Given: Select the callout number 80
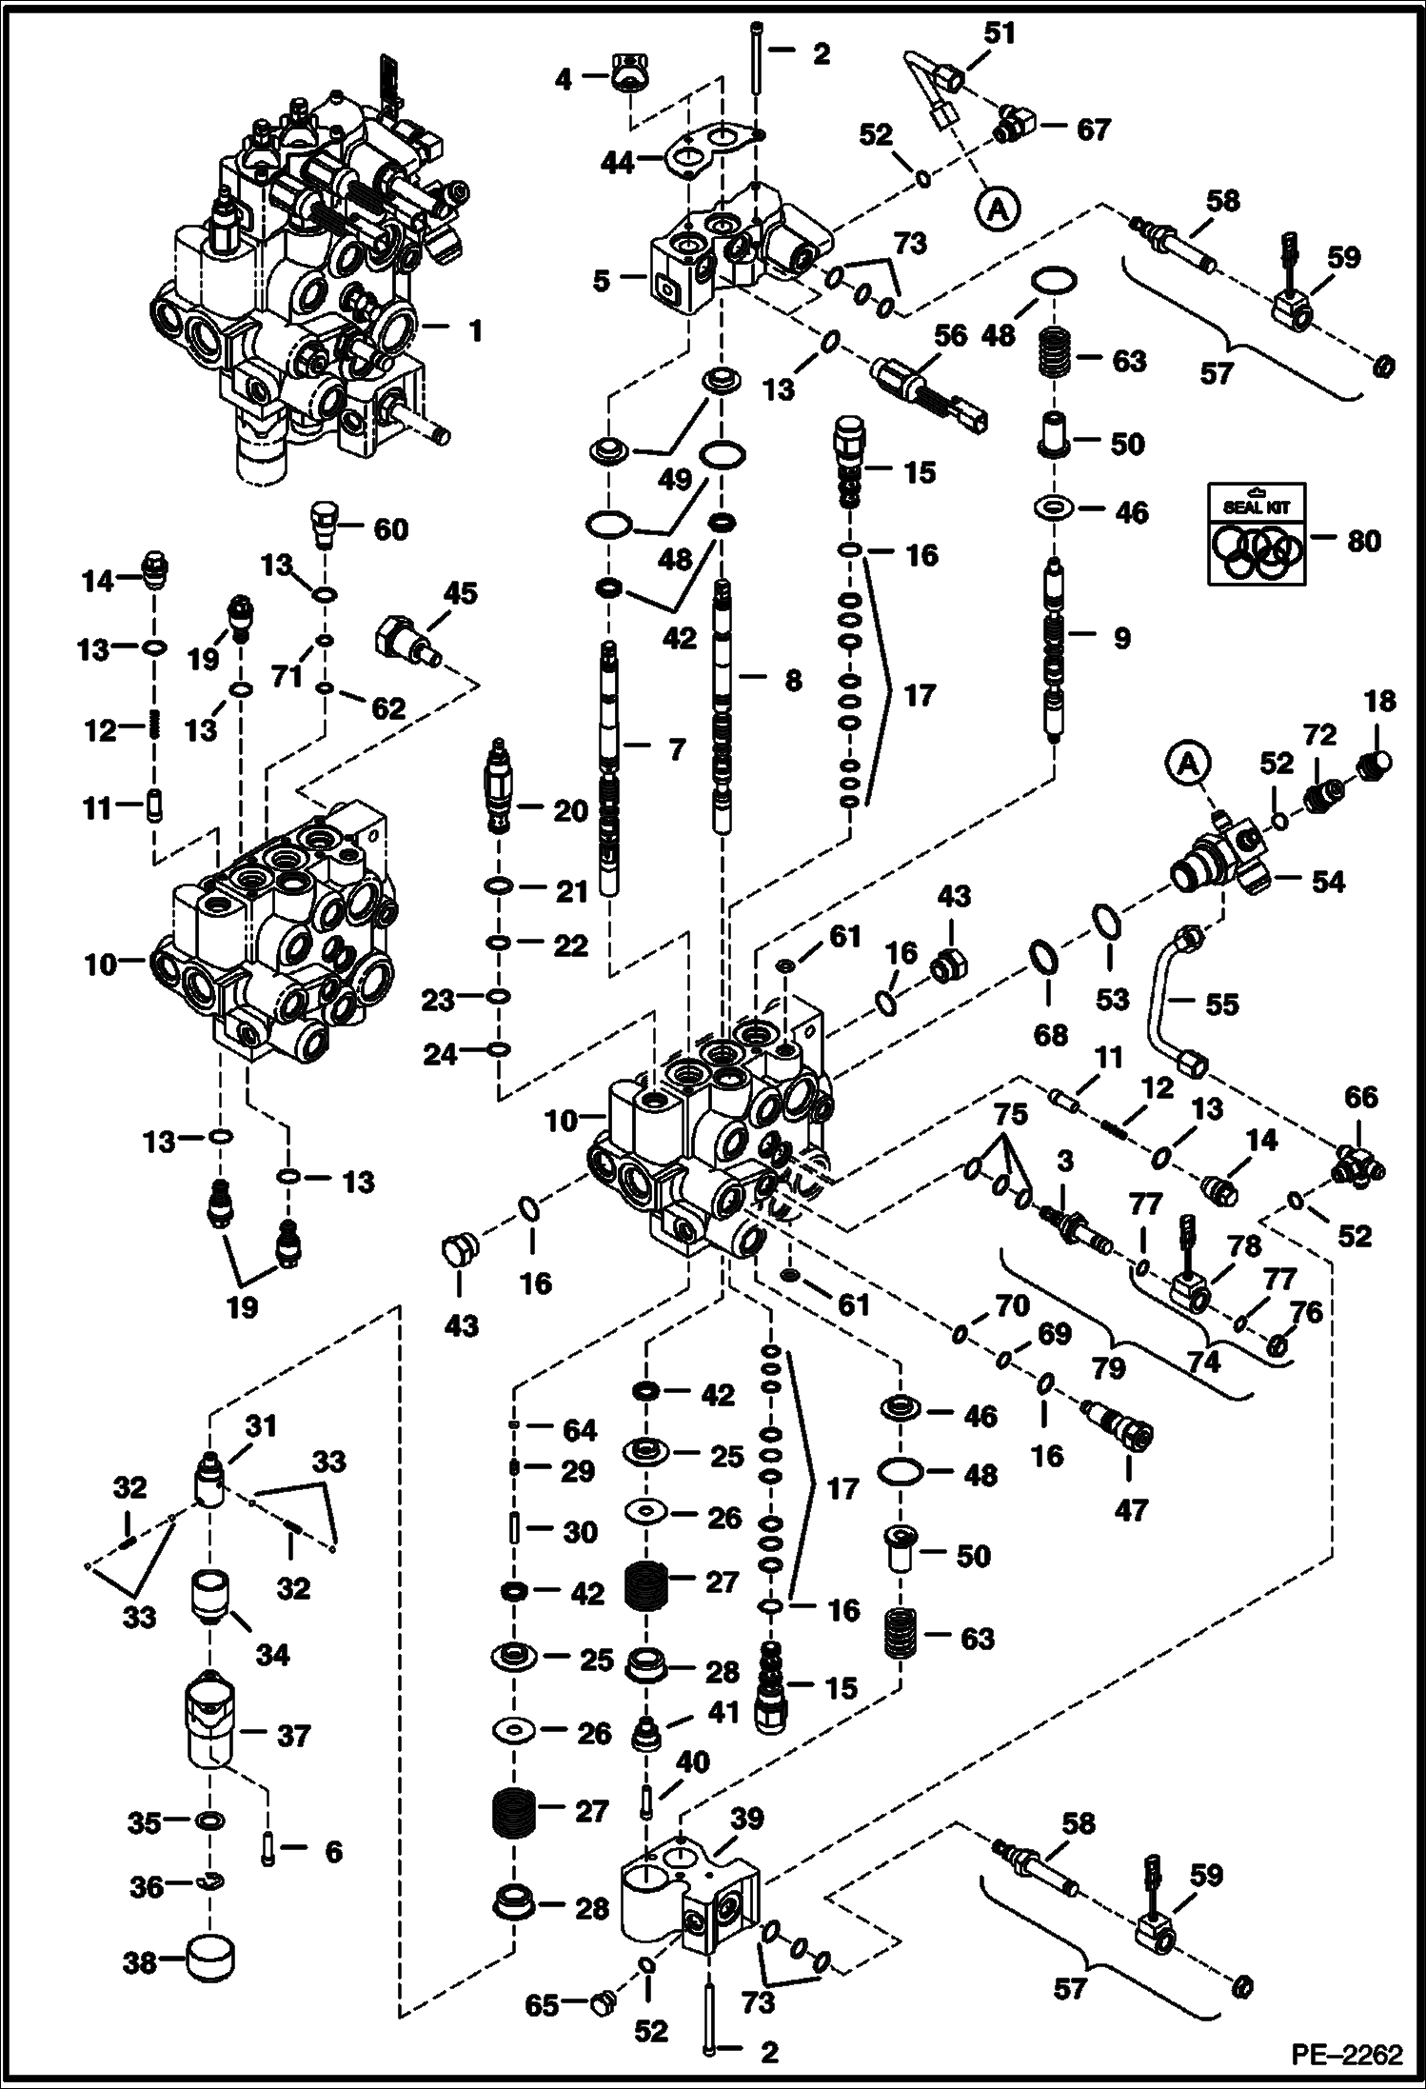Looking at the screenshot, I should point(1363,541).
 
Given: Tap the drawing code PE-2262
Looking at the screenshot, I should point(1345,2055).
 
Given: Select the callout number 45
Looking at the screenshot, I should point(461,594).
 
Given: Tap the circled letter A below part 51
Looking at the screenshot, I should point(998,209).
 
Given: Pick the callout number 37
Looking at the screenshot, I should point(293,1735).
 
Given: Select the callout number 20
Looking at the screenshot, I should point(570,811).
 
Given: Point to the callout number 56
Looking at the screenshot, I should point(950,335).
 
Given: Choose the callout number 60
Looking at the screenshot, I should point(390,529).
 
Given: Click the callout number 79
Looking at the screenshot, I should point(1109,1369).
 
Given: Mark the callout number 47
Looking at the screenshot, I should point(1130,1510).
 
